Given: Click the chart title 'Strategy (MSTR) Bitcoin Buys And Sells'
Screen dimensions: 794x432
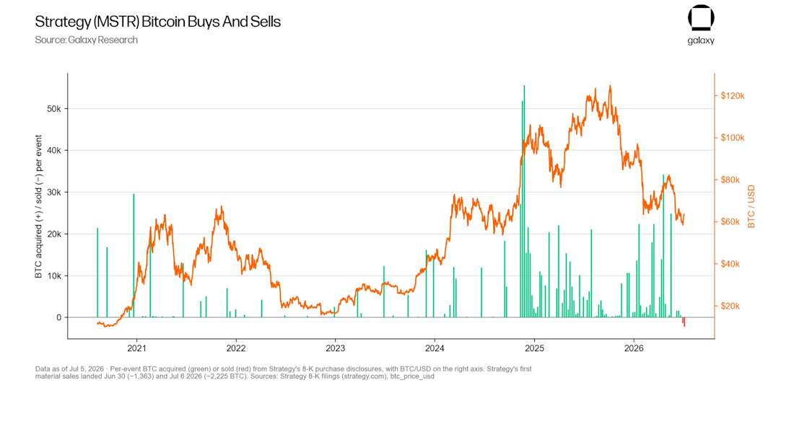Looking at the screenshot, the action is tap(157, 22).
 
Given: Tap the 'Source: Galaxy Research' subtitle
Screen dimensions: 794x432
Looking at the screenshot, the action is tap(86, 40).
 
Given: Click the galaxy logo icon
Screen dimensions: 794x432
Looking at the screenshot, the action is tap(701, 18).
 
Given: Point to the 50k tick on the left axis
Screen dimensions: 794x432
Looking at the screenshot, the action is tap(53, 109).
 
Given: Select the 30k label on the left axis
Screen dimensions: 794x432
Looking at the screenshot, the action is tap(53, 193).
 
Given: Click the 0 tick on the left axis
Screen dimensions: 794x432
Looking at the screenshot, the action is tap(58, 317).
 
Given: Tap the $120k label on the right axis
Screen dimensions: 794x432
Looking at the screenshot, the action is tap(732, 96).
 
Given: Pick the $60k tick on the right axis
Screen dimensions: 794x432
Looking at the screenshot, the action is tap(730, 221).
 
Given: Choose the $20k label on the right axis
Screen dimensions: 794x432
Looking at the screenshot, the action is tap(730, 306).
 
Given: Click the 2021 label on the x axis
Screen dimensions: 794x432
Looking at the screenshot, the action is tap(136, 348).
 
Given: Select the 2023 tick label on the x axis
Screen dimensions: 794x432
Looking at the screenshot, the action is tap(335, 348).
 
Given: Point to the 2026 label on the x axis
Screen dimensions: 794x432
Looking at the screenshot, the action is tap(634, 348).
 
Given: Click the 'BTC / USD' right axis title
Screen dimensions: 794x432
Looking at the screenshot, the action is tap(751, 206).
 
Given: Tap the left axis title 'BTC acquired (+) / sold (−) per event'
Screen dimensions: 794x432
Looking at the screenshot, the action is tap(38, 206).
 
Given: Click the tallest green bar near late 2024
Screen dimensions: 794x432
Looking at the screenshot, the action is tap(524, 201).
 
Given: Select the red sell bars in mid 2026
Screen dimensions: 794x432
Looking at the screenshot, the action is tap(684, 322).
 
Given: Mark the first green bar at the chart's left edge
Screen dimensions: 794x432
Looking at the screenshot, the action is tap(97, 273).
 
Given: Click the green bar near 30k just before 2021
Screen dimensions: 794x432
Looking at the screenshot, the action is tap(134, 255).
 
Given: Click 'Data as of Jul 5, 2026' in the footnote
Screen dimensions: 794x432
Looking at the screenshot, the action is tap(69, 369).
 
